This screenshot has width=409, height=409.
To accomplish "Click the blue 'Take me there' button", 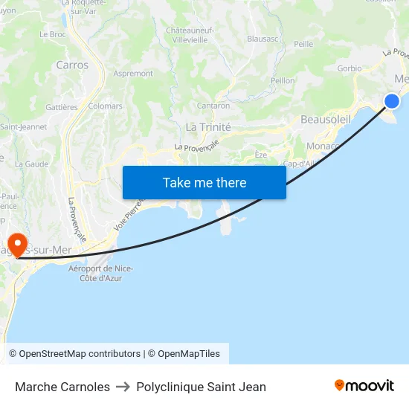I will (204, 182).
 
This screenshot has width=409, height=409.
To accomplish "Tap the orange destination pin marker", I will (16, 244).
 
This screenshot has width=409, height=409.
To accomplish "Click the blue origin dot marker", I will (392, 101).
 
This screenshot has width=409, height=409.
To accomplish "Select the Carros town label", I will (72, 65).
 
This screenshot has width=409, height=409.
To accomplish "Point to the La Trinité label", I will (208, 127).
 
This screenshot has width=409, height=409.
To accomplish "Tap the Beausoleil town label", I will (325, 120).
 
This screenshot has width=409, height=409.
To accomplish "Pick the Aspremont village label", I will (134, 74).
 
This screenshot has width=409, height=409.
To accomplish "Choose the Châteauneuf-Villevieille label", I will (190, 35).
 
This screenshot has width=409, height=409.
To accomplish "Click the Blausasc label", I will (263, 38).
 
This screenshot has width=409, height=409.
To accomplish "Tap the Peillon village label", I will (283, 80).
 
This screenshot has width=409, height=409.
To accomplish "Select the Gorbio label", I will (349, 68).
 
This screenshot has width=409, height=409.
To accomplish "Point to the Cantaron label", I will (213, 106).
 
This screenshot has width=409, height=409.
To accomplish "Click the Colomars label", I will (105, 106).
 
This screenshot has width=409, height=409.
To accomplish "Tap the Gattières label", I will (62, 107).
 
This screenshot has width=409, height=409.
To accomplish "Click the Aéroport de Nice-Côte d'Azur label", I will (100, 273).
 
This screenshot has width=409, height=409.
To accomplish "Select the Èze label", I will (260, 154).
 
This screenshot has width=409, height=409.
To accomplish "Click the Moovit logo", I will (364, 386).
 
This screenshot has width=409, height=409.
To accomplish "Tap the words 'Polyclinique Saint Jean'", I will (201, 387).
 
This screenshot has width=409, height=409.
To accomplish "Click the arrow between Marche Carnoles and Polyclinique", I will (123, 387).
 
